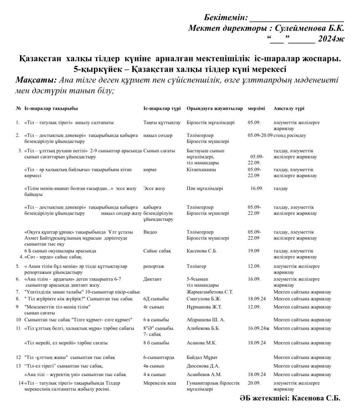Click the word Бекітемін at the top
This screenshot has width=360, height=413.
[x=226, y=18]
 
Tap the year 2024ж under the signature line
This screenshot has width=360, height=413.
[x=330, y=39]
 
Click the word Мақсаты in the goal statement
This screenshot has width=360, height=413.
[x=34, y=79]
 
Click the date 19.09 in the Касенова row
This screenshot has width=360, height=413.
[x=253, y=250]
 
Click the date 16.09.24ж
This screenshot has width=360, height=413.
[x=258, y=328]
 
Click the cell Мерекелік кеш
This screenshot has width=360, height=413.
[x=159, y=383]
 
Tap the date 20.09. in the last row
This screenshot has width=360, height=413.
[x=254, y=383]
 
